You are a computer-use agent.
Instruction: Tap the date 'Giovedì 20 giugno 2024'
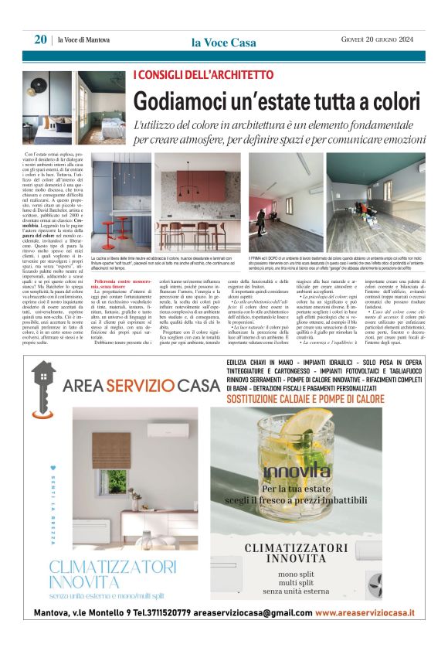[378, 40]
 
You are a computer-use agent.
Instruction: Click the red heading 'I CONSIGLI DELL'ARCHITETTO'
[203, 75]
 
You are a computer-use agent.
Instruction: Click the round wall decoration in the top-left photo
[40, 87]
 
